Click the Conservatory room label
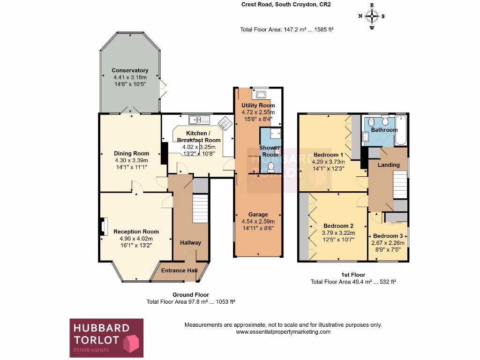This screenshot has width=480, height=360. pyautogui.click(x=130, y=71)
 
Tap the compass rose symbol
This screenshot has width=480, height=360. pyautogui.click(x=372, y=16)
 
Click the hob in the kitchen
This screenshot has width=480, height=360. pyautogui.click(x=225, y=123)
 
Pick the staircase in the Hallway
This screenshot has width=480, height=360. pyautogui.click(x=200, y=209)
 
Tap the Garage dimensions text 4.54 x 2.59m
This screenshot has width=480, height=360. pyautogui.click(x=258, y=222)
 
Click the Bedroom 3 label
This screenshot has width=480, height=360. pyautogui.click(x=388, y=236)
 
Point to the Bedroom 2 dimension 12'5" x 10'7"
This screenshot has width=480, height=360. pyautogui.click(x=338, y=240)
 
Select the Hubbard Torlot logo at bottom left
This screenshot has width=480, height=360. pyautogui.click(x=106, y=337)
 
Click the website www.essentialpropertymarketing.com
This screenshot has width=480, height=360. pyautogui.click(x=283, y=332)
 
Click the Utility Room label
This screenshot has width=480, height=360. pyautogui.click(x=258, y=105)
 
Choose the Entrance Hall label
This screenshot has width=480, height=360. pyautogui.click(x=179, y=270)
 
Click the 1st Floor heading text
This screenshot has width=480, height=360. pyautogui.click(x=353, y=275)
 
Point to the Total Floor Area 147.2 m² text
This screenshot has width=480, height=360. pyautogui.click(x=286, y=30)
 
